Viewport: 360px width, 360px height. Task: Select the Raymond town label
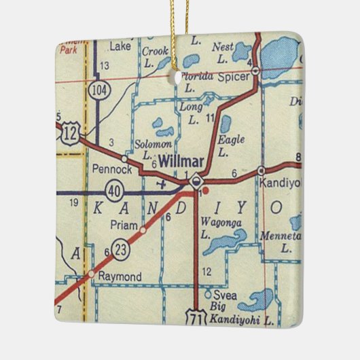120,276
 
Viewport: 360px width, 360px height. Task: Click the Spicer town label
234,77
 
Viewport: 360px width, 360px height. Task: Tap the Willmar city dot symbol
196,181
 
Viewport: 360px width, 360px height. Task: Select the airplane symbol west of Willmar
161,183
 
